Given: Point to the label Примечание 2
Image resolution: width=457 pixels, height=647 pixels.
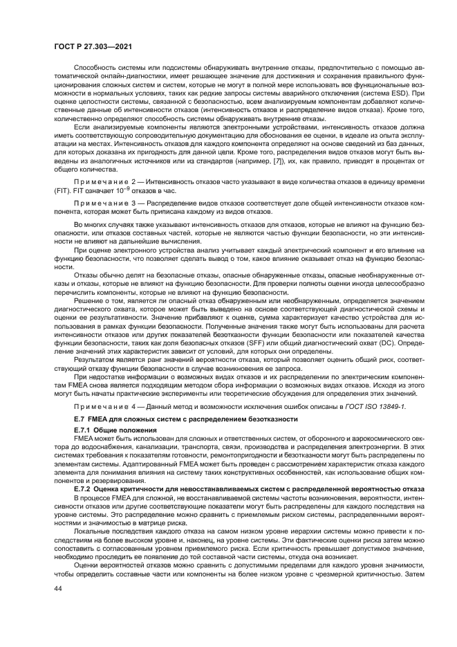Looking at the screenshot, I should pos(104,180).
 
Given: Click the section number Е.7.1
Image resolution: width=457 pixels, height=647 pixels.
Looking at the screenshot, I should pos(84,430).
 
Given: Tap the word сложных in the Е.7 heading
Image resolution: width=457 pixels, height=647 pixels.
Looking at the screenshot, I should pos(127,419).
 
